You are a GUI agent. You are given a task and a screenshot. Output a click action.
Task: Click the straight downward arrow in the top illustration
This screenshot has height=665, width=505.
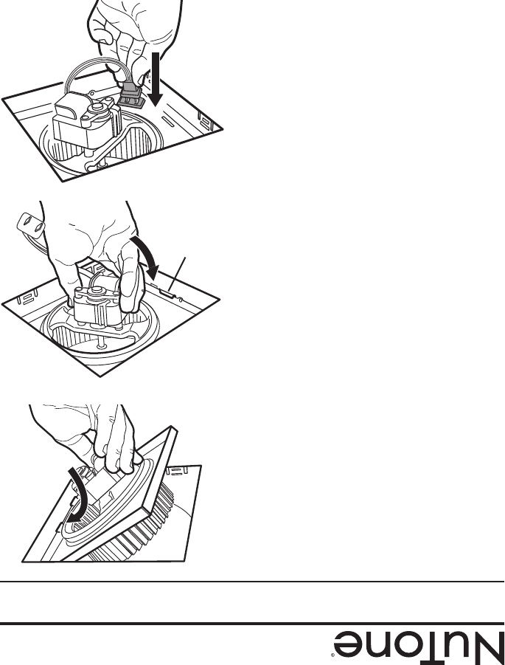(156, 79)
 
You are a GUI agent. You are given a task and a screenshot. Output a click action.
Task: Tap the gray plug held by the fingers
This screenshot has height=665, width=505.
(131, 95)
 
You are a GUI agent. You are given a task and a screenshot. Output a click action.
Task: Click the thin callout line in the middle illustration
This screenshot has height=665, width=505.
(177, 274)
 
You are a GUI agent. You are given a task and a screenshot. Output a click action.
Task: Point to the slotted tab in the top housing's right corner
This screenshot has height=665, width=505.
(206, 122)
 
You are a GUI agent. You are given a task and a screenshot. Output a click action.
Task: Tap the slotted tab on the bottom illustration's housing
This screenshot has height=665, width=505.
(178, 471)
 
